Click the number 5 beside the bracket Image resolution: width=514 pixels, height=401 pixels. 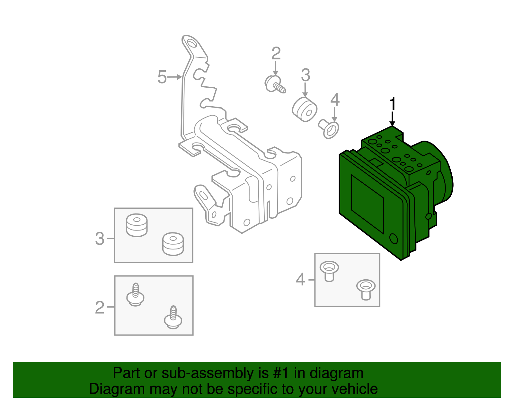pos(162,77)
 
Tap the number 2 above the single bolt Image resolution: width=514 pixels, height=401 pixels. pos(276,53)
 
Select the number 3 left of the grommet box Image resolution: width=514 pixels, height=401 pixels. pos(100,239)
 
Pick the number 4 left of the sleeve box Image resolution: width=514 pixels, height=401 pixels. pos(300,280)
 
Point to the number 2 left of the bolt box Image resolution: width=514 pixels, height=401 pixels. pos(100,307)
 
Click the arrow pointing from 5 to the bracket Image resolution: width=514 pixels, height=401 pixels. pos(174,77)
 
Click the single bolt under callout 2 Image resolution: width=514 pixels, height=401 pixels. pos(275,84)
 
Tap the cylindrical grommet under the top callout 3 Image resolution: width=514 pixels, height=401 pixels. pos(305,109)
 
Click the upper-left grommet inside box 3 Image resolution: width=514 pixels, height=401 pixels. pos(137,225)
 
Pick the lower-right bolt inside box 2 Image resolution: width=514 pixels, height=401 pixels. pos(173,317)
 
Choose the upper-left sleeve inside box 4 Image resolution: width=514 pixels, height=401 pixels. pos(329,271)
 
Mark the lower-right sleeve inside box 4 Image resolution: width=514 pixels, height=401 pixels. pos(366,290)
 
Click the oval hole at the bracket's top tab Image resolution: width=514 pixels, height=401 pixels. pos(191,43)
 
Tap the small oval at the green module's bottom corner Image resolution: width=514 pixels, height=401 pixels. pos(394,239)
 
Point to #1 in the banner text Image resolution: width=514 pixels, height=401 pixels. pos(281,373)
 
